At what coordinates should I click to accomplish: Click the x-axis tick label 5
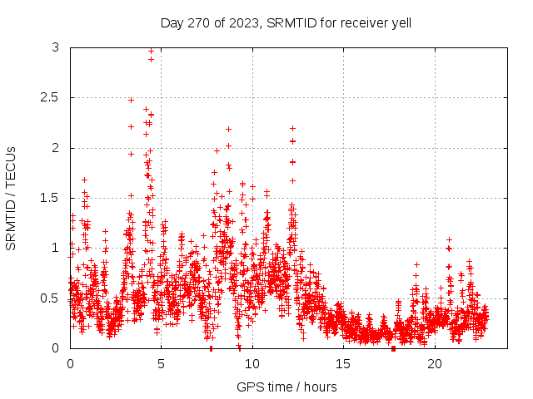162,364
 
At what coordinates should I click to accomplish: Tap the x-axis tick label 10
252,364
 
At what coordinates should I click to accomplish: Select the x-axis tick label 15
344,364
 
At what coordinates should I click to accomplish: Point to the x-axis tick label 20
435,364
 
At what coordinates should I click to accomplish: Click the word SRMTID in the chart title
289,22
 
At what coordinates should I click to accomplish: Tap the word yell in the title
401,22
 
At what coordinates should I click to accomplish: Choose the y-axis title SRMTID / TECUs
11,197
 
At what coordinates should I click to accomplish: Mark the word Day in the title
172,22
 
